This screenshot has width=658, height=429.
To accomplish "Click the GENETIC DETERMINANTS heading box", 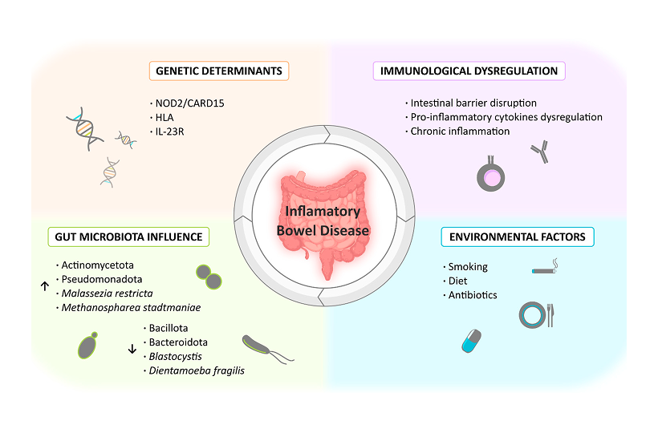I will pos(219,71).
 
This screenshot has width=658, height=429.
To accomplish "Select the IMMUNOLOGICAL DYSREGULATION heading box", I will pos(469,71).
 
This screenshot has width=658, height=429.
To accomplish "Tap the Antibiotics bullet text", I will pos(473,294).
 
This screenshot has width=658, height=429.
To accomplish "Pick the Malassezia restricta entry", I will pos(105,293).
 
